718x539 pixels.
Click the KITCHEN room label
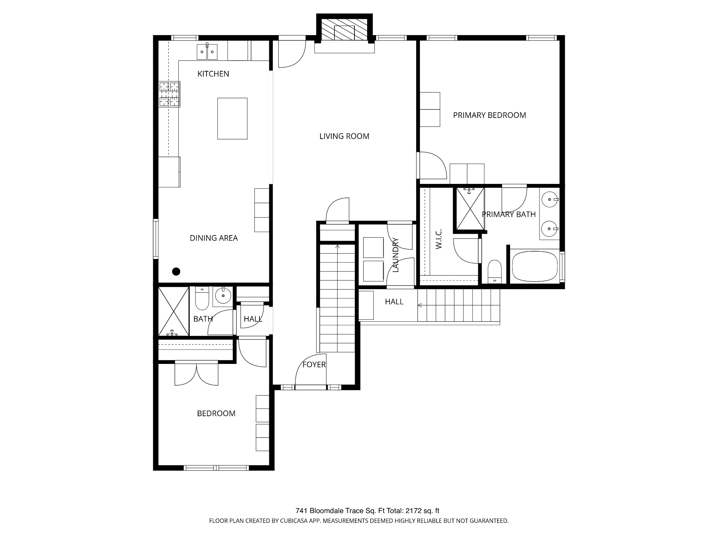click(213, 74)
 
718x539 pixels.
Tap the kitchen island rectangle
click(232, 119)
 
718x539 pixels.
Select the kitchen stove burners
click(170, 94)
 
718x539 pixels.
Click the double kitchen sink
click(207, 52)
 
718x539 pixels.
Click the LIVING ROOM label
click(344, 136)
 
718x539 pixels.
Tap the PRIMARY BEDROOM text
click(489, 115)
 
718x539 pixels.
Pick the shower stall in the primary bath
click(470, 209)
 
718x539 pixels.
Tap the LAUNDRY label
click(396, 255)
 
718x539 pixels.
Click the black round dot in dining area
click(176, 271)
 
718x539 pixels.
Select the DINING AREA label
click(214, 238)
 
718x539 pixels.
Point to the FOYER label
click(314, 365)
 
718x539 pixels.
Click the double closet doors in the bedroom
click(197, 374)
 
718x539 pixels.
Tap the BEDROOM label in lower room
click(216, 413)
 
